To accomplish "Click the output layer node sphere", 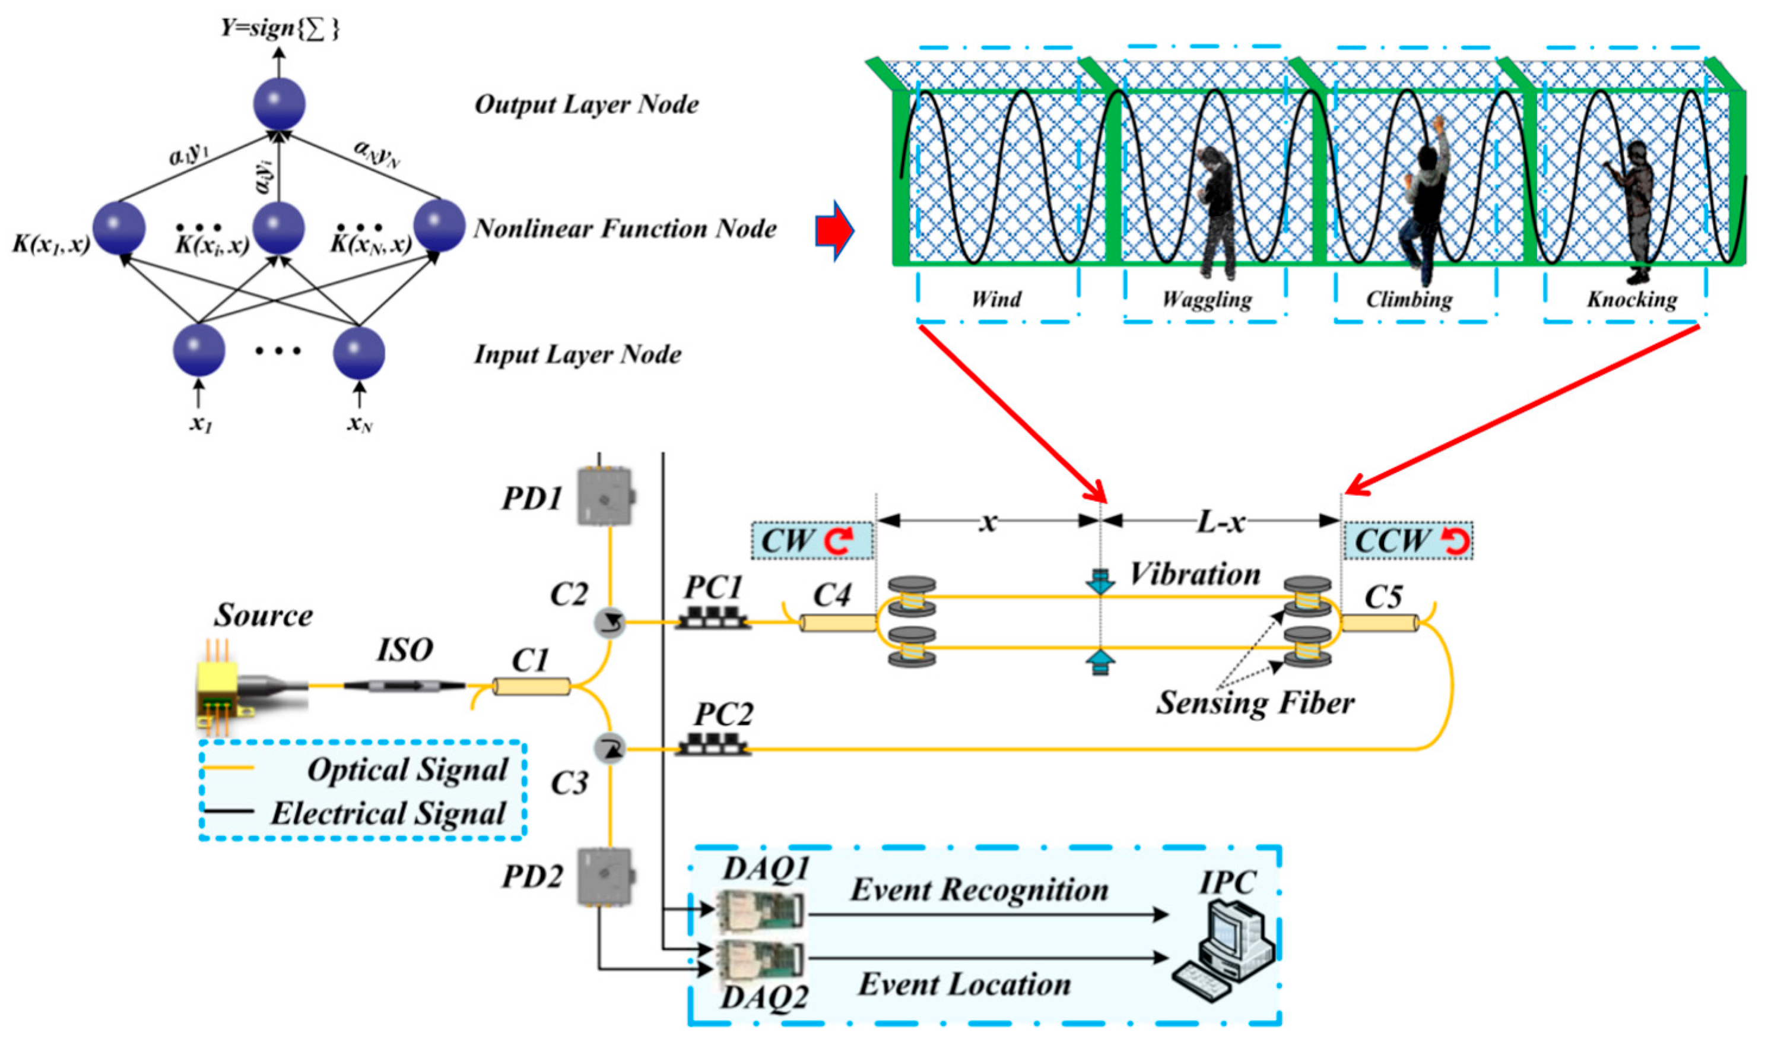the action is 279,104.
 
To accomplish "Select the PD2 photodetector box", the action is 605,878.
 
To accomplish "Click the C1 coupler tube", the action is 531,686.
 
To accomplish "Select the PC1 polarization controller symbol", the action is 713,618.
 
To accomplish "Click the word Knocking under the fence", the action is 1632,300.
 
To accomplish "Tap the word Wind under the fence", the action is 995,299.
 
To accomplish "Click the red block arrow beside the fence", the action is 834,230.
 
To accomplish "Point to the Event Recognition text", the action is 979,890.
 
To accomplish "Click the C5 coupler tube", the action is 1380,623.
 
